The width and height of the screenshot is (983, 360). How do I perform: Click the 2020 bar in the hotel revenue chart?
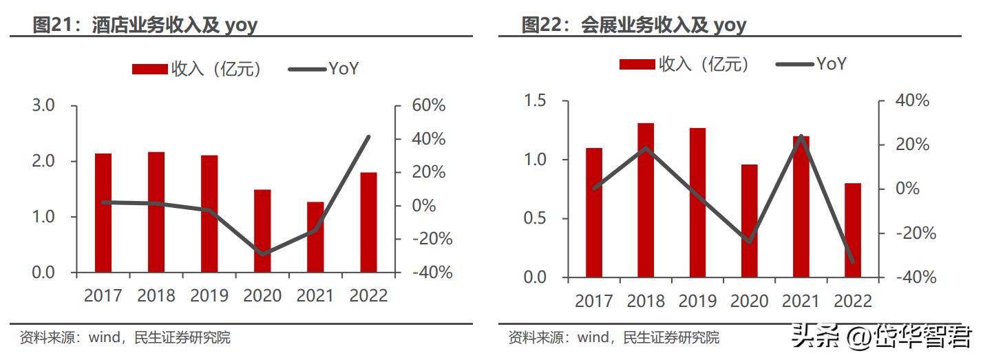pyautogui.click(x=262, y=231)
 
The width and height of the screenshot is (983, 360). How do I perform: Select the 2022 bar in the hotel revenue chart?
pyautogui.click(x=368, y=222)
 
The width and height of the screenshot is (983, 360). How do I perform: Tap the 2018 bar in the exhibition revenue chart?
pyautogui.click(x=645, y=200)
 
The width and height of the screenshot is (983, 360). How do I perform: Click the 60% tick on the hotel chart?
pyautogui.click(x=429, y=106)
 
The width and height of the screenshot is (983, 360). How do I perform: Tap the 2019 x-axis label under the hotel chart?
pyautogui.click(x=209, y=296)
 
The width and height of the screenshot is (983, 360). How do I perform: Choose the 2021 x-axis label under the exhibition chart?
pyautogui.click(x=801, y=301)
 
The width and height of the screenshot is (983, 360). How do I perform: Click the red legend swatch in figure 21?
pyautogui.click(x=149, y=69)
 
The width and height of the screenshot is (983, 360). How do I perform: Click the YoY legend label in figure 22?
pyautogui.click(x=831, y=64)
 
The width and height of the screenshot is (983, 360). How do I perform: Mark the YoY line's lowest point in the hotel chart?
pyautogui.click(x=262, y=254)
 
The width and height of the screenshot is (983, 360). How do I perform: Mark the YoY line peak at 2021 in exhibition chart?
pyautogui.click(x=801, y=136)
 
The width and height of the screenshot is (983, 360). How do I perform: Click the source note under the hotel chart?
pyautogui.click(x=125, y=338)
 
